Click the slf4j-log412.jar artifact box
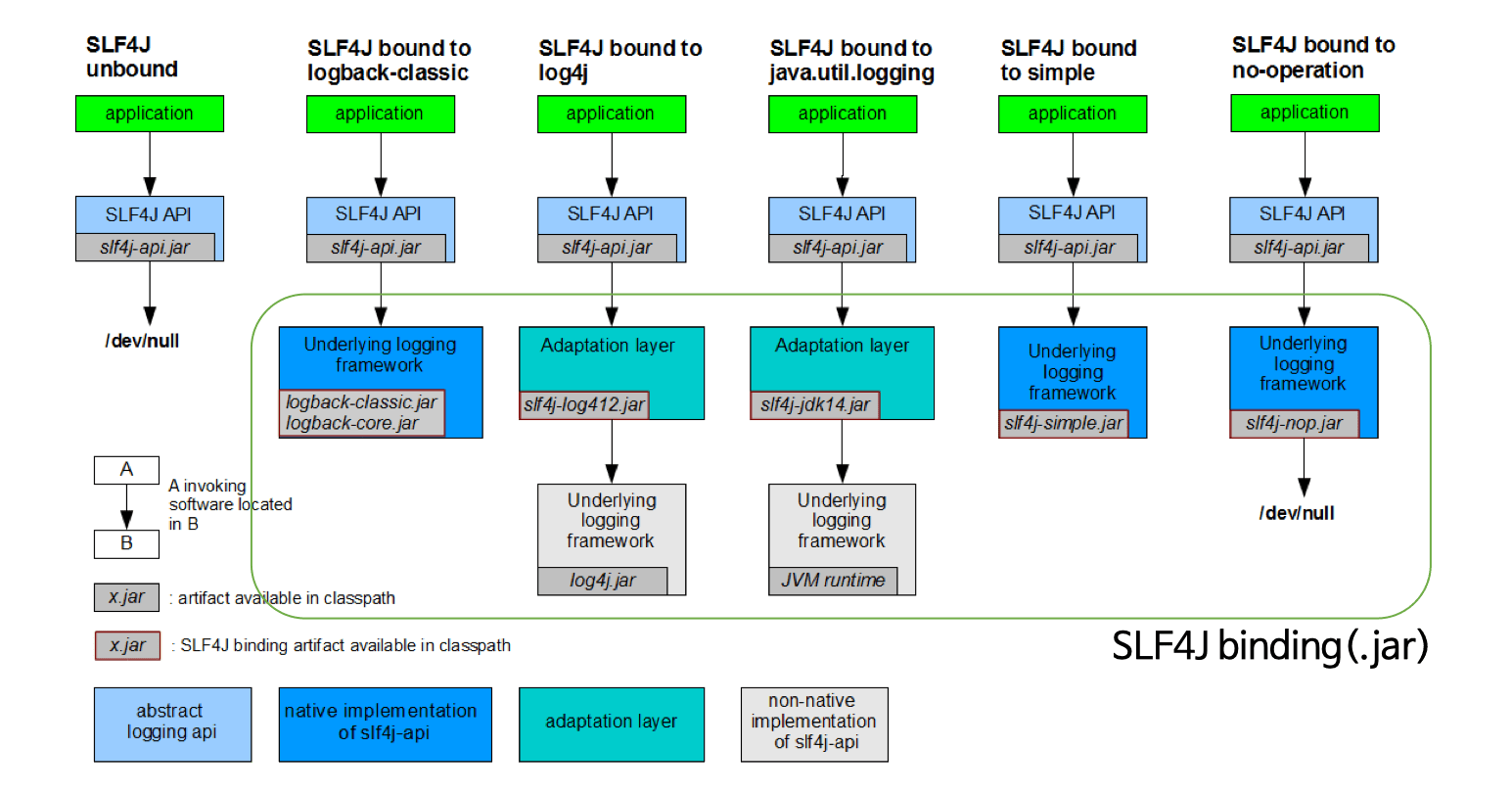coord(584,405)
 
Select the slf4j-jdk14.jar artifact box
coord(814,405)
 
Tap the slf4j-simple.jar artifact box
coord(1063,423)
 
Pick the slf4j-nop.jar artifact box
coord(1294,423)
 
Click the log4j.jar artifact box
coord(602,581)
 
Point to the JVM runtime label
coord(832,581)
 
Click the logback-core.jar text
coord(352,423)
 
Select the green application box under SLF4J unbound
coord(150,114)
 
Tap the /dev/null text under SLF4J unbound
coord(143,341)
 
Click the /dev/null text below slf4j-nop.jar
coord(1297,513)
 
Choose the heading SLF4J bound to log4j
coord(619,60)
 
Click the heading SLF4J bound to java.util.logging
coord(851,60)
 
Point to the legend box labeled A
coord(126,470)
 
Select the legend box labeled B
coord(126,542)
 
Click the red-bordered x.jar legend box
coord(127,645)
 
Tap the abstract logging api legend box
coord(171,723)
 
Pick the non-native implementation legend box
coord(813,723)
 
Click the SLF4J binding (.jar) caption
coord(1269,646)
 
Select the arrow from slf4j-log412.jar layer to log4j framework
coord(612,451)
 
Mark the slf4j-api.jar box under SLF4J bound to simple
coord(1068,248)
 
